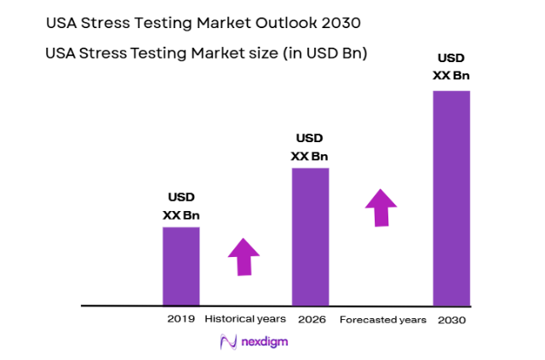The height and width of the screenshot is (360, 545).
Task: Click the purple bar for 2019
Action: [181, 266]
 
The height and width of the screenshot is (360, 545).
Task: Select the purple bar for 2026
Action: [310, 236]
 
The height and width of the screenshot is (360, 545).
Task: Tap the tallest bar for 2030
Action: [451, 197]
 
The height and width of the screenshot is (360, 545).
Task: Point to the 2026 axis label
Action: [311, 318]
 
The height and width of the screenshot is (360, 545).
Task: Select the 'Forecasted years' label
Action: [382, 319]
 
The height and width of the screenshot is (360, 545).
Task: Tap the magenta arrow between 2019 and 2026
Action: [244, 256]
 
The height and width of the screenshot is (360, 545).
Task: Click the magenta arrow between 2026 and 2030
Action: [381, 208]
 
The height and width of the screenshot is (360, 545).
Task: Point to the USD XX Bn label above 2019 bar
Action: [181, 207]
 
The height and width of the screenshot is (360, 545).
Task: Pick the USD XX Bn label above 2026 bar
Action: [310, 147]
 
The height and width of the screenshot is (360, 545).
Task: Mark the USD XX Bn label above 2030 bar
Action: [451, 66]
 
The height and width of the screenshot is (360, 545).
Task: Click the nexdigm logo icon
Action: [227, 341]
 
